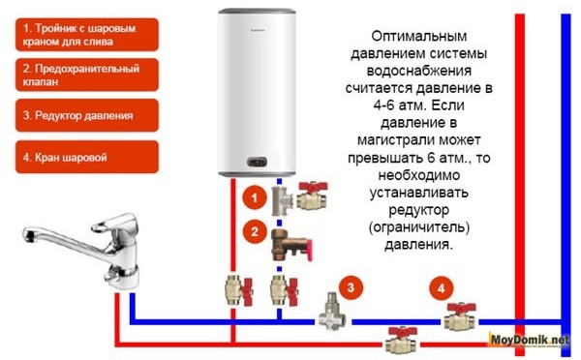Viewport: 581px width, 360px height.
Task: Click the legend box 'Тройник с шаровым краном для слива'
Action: (x=87, y=35)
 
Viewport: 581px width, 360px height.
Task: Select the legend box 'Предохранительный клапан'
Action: (x=87, y=75)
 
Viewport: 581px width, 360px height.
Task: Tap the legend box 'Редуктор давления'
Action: (x=87, y=115)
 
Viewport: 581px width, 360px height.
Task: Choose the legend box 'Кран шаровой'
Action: (x=87, y=157)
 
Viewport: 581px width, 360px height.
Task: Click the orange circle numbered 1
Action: (x=255, y=197)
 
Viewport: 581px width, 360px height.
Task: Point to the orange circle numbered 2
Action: (x=255, y=231)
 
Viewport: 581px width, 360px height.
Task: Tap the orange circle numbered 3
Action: (x=351, y=287)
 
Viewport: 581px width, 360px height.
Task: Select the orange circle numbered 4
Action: (x=442, y=287)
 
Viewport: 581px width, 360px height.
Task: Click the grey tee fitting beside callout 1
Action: (x=281, y=200)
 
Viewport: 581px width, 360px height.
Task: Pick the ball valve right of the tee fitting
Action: (x=313, y=196)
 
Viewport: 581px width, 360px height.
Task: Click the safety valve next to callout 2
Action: (x=291, y=245)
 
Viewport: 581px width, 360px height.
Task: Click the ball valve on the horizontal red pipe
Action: (x=401, y=341)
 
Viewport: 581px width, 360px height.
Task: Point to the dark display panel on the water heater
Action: (x=257, y=162)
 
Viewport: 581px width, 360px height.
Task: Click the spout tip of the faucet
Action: (x=27, y=235)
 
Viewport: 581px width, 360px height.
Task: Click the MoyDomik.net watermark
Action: (x=530, y=340)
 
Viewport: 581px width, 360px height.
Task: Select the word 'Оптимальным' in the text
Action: (x=419, y=37)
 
